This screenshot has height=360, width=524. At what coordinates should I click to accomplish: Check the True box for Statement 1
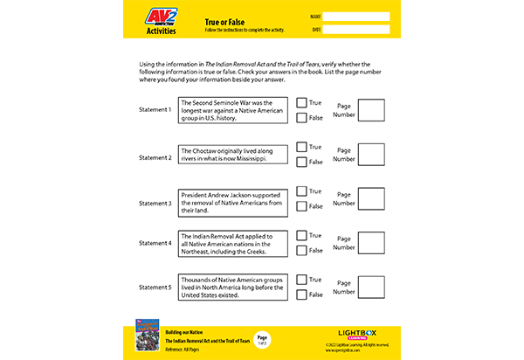[x=301, y=102]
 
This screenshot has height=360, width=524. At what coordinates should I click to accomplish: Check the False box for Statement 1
[x=301, y=117]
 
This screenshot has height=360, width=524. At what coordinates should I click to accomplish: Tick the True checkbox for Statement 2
[x=301, y=147]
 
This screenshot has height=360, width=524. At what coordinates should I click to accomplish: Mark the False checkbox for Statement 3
[x=301, y=206]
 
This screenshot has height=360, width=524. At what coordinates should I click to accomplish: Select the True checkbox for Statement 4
[x=301, y=236]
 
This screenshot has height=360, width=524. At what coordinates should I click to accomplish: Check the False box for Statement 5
[x=301, y=295]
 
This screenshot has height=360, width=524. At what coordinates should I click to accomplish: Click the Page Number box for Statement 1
[x=371, y=110]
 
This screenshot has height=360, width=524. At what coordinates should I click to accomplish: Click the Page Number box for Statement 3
[x=371, y=199]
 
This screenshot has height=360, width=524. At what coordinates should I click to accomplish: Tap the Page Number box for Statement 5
[x=371, y=288]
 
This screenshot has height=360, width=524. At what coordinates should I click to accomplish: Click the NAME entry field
[x=356, y=17]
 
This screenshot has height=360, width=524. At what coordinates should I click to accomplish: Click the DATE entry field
[x=356, y=29]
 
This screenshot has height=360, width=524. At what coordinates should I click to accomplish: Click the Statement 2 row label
[x=155, y=158]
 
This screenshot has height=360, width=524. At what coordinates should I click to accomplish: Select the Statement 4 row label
[x=155, y=243]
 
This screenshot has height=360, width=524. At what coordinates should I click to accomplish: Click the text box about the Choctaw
[x=232, y=155]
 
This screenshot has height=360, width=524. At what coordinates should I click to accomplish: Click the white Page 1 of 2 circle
[x=262, y=338]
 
